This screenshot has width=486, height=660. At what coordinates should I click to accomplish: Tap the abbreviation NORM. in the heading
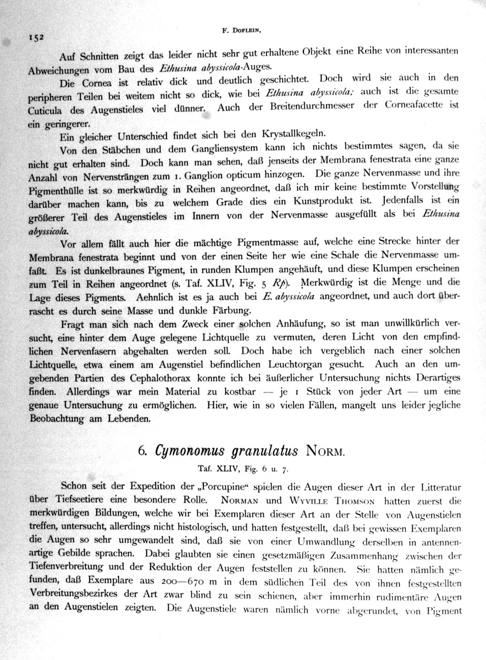pyautogui.click(x=326, y=452)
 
